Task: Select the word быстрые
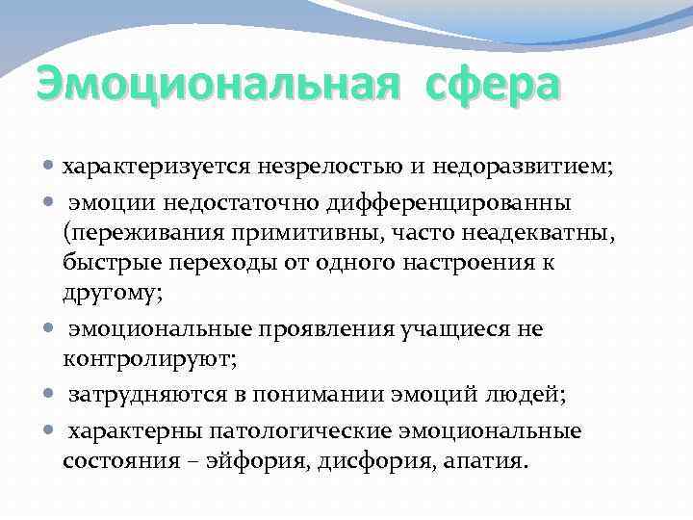pyautogui.click(x=106, y=263)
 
